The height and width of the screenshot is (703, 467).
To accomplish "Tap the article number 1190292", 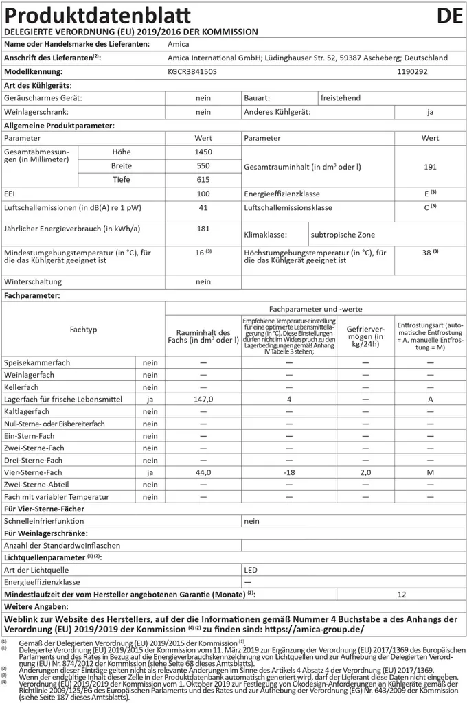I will pos(412,71).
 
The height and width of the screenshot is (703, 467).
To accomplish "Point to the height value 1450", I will pos(203,152).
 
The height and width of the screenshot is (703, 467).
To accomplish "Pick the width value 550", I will pos(203,166).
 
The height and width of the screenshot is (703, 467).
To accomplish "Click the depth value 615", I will pos(203,180).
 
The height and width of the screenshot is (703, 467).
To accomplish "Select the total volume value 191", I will pos(430,166).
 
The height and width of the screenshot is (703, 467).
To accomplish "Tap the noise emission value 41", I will pos(203,207).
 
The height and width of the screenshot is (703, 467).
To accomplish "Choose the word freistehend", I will pos(341,98).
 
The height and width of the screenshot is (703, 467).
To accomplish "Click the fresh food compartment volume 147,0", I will pos(203,399).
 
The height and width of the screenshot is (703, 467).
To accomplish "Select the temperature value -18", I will pos(288,473).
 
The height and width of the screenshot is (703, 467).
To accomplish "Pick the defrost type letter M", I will pos(430,473).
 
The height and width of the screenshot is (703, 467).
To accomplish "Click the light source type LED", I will pos(251,570).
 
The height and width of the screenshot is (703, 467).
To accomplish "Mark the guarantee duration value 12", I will pos(402,594).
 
